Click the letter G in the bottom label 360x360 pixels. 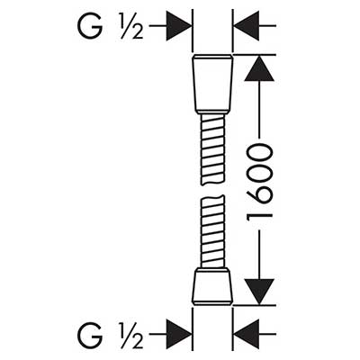[x=91, y=334]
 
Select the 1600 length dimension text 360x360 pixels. [x=260, y=183]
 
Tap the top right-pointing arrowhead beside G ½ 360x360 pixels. [x=178, y=26]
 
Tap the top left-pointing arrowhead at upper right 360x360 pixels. [x=246, y=26]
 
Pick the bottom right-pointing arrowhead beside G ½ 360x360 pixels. [x=178, y=334]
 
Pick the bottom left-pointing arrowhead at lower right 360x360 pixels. [x=246, y=334]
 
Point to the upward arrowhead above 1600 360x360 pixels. [x=259, y=68]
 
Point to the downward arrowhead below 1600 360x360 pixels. [x=259, y=292]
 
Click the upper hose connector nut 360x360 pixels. [x=212, y=84]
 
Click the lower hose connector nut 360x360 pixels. [x=212, y=287]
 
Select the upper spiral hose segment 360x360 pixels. [x=212, y=149]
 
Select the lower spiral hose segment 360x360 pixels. [x=212, y=232]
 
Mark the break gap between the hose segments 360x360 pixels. [x=212, y=191]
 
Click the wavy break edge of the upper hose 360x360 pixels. [x=212, y=183]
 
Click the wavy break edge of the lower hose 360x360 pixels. [x=212, y=198]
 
